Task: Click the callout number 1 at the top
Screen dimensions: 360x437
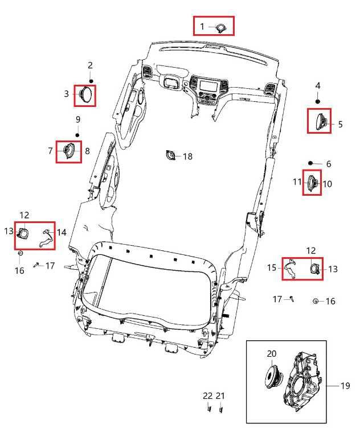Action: pyautogui.click(x=202, y=27)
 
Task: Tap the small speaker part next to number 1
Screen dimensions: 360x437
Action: pyautogui.click(x=221, y=28)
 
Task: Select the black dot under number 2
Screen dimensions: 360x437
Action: pyautogui.click(x=91, y=81)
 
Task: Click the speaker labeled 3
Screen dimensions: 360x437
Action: pyautogui.click(x=85, y=95)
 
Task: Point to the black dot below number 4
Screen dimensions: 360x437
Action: pyautogui.click(x=318, y=101)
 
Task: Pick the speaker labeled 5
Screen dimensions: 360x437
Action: pyautogui.click(x=321, y=122)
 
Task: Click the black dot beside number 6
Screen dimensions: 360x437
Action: pyautogui.click(x=310, y=163)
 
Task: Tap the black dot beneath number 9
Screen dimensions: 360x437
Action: pyautogui.click(x=77, y=135)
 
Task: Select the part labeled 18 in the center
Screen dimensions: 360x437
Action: pyautogui.click(x=170, y=155)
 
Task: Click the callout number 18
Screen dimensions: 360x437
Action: pyautogui.click(x=187, y=156)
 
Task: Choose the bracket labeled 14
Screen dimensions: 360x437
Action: pyautogui.click(x=47, y=238)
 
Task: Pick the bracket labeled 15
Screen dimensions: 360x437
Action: pyautogui.click(x=291, y=269)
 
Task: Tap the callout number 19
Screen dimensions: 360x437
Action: pyautogui.click(x=345, y=386)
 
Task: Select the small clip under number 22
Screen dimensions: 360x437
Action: pyautogui.click(x=208, y=409)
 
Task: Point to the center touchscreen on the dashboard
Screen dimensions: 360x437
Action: pyautogui.click(x=208, y=84)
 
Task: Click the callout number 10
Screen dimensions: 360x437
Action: pyautogui.click(x=328, y=184)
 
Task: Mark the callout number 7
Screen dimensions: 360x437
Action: pyautogui.click(x=50, y=151)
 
